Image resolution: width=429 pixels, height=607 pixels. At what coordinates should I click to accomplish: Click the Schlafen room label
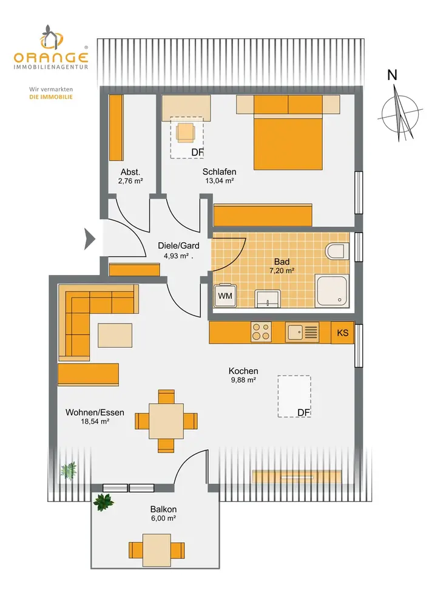219,172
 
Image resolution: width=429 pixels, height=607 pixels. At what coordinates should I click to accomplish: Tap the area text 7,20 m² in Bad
282,271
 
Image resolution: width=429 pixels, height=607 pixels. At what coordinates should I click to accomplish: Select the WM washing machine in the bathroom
225,296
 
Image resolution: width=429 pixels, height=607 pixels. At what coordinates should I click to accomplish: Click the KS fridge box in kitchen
343,333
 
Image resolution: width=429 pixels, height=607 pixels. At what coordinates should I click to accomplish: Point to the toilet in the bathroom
336,251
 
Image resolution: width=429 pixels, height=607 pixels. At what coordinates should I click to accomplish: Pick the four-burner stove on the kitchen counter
261,332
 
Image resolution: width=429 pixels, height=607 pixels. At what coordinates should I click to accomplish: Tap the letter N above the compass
393,75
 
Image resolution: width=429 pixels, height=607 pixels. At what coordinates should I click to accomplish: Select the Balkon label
163,510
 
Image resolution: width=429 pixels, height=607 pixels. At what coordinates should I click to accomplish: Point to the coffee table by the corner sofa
115,334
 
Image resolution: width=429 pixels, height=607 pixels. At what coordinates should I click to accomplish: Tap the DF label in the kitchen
304,413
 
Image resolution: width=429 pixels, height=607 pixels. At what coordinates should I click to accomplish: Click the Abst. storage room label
130,171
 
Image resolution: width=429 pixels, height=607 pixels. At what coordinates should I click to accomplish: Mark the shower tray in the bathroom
332,290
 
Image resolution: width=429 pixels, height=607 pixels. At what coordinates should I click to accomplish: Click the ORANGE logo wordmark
52,58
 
